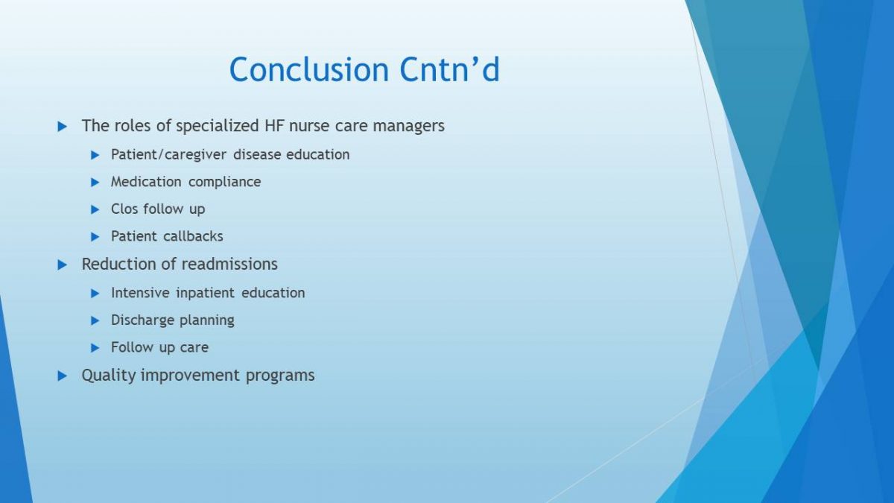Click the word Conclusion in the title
[309, 69]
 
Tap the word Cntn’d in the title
[449, 69]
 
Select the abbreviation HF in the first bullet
[275, 126]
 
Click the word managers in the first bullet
[408, 126]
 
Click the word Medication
[146, 182]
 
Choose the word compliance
[225, 182]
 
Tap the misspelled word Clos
[124, 209]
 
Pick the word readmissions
[229, 265]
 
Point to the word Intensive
[140, 293]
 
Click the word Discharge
[143, 320]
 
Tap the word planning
[207, 320]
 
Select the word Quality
[109, 376]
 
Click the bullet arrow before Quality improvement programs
[63, 376]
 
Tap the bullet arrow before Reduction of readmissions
[63, 265]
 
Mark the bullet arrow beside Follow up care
[95, 348]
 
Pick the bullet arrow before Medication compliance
[95, 183]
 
